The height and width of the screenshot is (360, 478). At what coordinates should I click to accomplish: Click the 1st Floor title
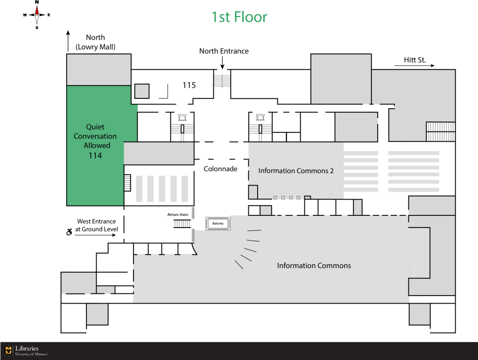pos(239,17)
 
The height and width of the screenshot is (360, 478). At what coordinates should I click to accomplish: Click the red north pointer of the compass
pos(37,10)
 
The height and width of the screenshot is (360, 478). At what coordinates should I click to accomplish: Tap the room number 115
pos(189,85)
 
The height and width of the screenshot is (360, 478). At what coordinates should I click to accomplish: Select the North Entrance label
pos(224,51)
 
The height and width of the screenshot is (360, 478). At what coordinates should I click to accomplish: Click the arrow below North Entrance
pos(222,63)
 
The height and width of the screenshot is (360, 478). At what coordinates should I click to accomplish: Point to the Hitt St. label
pos(415,60)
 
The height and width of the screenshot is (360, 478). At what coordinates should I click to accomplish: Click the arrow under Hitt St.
pos(415,65)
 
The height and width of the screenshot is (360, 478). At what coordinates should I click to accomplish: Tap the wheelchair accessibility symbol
pos(69,232)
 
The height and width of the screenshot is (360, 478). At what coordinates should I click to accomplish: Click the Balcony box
pos(218,223)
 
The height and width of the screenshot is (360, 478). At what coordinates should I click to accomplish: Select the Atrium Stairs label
pos(178,215)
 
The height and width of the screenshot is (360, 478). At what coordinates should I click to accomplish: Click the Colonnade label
pos(220,169)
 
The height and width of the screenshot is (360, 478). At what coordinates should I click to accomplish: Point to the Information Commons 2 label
pos(296,171)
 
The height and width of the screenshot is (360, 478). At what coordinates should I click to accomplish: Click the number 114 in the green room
pos(95,156)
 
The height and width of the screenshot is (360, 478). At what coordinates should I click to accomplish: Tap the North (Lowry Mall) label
pos(95,42)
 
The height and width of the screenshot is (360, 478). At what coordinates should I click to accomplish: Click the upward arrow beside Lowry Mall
pos(68,41)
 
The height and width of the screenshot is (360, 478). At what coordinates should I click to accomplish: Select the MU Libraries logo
pos(26,351)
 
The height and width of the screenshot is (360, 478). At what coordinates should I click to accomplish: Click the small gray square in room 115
pos(142,91)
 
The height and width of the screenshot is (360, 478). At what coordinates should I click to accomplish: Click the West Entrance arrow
pos(95,235)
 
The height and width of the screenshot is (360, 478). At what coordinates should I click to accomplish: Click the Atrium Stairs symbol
pos(183,224)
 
